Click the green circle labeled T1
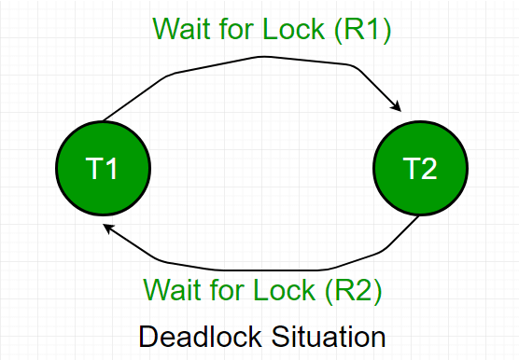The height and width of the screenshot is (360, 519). click(x=104, y=169)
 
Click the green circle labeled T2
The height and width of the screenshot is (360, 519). click(x=419, y=169)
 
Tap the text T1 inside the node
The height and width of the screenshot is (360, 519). click(x=103, y=169)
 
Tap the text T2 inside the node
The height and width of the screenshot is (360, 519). click(x=419, y=169)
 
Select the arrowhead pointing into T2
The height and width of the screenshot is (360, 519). click(x=397, y=106)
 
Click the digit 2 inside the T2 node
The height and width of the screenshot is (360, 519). click(x=429, y=169)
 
